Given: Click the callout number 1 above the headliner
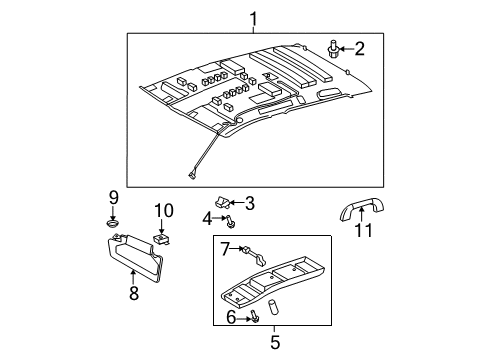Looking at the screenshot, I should (x=254, y=17).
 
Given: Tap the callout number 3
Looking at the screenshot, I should (x=250, y=203).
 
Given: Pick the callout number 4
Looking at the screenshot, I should (x=208, y=217).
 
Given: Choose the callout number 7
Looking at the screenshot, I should (x=226, y=247).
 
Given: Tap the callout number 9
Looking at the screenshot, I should (x=113, y=196).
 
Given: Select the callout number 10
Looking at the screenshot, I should (x=163, y=210).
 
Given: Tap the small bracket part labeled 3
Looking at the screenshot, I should (x=226, y=204).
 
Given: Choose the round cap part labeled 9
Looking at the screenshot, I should (x=113, y=222).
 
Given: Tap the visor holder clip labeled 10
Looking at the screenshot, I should (x=161, y=238).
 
